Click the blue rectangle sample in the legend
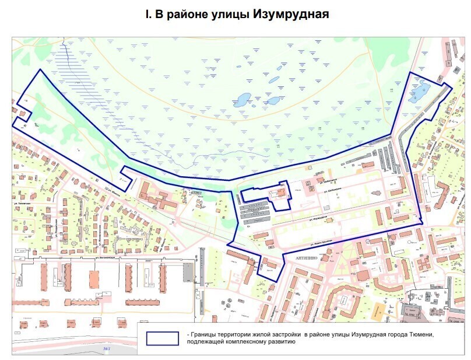click(x=163, y=338)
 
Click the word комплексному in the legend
click(x=240, y=342)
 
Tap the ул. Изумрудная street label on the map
click(x=317, y=218)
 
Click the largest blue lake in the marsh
click(x=242, y=100)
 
